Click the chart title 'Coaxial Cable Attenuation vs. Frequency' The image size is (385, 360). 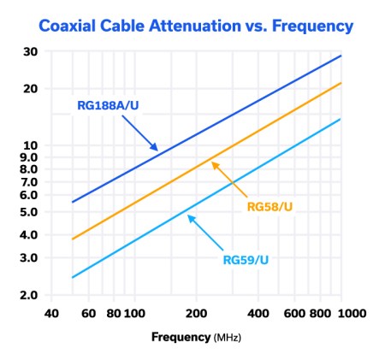(192, 26)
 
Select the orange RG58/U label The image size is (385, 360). (270, 206)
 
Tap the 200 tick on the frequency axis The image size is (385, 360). (196, 313)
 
